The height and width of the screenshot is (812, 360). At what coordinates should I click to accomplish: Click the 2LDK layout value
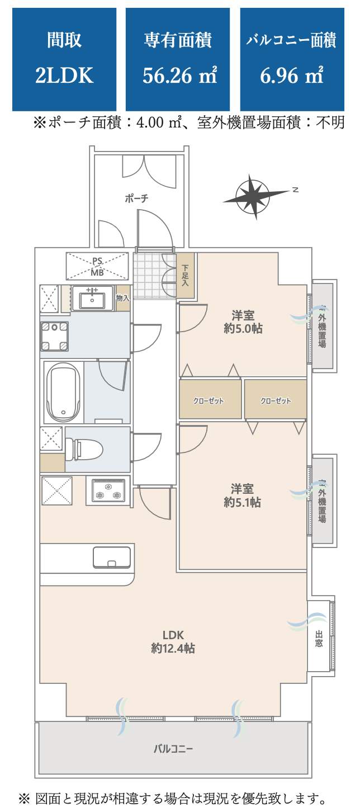64,75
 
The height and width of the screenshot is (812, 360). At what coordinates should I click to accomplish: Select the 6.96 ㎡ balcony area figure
292,75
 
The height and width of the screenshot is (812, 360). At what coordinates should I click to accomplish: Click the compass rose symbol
255,197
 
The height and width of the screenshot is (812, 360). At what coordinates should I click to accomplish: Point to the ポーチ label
136,199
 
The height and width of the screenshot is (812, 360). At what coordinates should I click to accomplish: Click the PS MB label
97,266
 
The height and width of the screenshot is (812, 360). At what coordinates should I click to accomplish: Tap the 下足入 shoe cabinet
185,276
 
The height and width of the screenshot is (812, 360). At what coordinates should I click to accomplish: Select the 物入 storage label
123,298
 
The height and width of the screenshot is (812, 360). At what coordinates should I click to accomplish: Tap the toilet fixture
86,449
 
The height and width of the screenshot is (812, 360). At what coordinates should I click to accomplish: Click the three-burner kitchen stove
108,490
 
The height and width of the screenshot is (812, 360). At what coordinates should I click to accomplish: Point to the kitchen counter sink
112,558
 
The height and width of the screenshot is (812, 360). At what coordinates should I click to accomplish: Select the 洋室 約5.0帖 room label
243,321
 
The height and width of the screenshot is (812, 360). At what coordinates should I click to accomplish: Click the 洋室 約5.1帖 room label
243,494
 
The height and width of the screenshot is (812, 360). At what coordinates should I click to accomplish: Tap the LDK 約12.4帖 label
173,641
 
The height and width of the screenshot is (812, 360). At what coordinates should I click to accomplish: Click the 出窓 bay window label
319,639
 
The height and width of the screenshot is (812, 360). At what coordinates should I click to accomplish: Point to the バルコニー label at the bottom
173,748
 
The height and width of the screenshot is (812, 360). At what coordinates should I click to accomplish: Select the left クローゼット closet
209,401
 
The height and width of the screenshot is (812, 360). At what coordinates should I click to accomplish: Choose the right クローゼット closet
276,401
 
